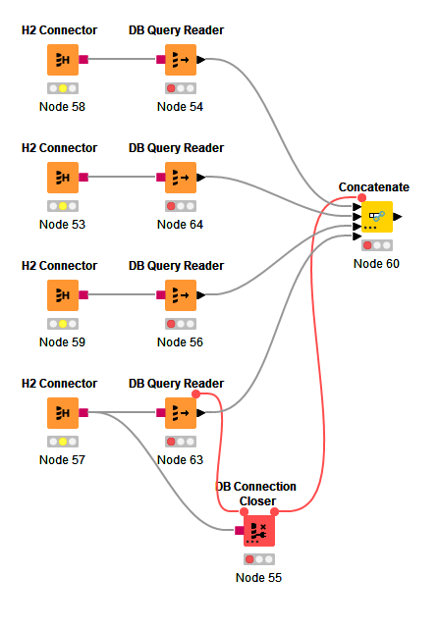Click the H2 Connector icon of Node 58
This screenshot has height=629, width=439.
(x=63, y=60)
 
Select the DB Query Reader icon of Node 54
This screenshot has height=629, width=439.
(x=181, y=60)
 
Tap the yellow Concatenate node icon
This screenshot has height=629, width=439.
(x=377, y=217)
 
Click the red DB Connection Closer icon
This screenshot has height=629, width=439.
(x=259, y=531)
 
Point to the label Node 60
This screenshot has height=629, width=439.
(x=376, y=264)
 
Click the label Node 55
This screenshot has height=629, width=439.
(x=258, y=578)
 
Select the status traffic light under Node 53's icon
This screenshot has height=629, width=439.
(x=63, y=206)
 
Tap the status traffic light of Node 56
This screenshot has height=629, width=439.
(x=181, y=324)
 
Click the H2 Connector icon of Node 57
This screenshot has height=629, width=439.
(x=63, y=413)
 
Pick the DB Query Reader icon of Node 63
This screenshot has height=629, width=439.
(x=181, y=413)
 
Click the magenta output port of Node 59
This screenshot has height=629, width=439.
(x=83, y=295)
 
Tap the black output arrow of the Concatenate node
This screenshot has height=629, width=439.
(x=398, y=217)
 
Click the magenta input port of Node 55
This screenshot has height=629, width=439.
(x=240, y=531)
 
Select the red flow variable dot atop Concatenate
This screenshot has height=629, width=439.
(x=361, y=197)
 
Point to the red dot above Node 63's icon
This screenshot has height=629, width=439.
(x=196, y=394)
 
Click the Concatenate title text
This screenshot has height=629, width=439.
(x=374, y=187)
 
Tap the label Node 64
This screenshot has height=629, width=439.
(x=180, y=225)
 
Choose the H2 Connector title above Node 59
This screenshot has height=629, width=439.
(x=60, y=266)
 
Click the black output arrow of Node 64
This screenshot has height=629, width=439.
(x=201, y=178)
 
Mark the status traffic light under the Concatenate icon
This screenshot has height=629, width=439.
(x=377, y=245)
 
